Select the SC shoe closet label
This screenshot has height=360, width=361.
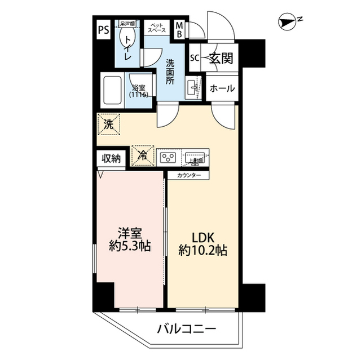pyautogui.click(x=194, y=57)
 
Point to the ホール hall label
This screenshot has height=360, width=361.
pyautogui.click(x=222, y=89)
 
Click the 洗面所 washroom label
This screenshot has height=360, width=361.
pyautogui.click(x=170, y=72)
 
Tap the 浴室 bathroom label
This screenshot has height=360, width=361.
pyautogui.click(x=139, y=91)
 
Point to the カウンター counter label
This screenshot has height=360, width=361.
pyautogui.click(x=188, y=175)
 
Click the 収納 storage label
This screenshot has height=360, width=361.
pyautogui.click(x=111, y=158)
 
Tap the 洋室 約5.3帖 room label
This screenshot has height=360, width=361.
pyautogui.click(x=129, y=239)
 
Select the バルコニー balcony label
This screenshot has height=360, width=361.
pyautogui.click(x=186, y=328)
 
